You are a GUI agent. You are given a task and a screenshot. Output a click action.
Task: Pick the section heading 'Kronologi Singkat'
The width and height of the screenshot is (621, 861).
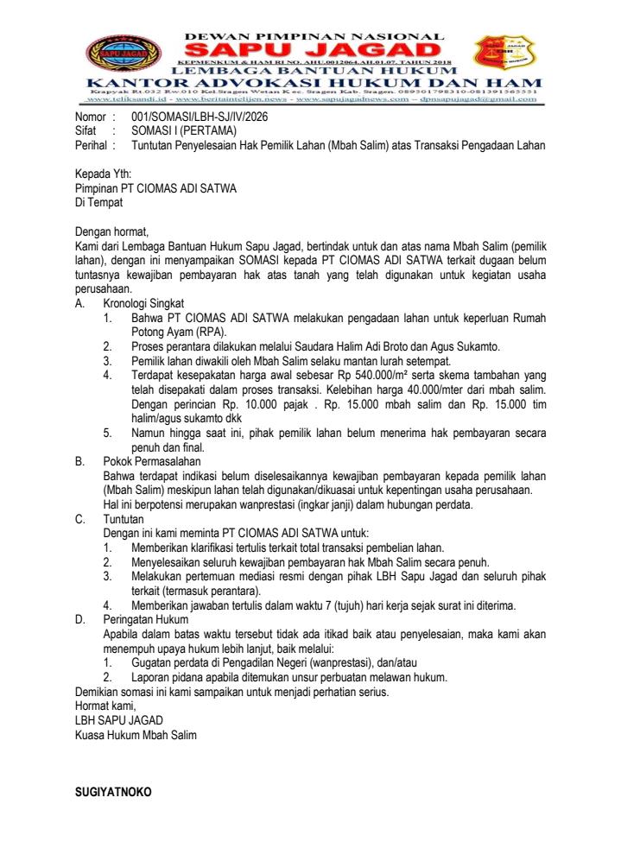145,305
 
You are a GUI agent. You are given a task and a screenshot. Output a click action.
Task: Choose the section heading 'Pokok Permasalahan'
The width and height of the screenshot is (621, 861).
149,462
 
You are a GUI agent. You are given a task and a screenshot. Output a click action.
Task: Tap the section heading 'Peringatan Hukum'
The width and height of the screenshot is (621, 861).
146,620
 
